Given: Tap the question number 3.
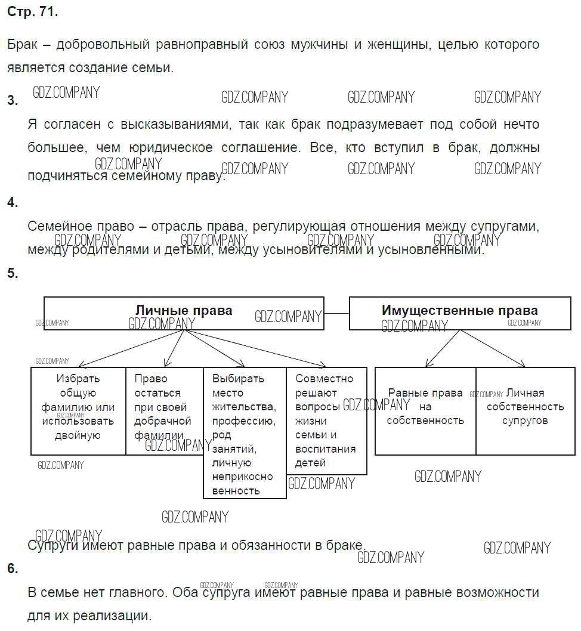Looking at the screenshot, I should coord(12,100).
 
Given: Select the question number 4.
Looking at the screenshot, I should coord(12,202).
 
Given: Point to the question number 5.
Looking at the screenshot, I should coord(12,273).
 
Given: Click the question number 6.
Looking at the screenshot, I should coord(12,568).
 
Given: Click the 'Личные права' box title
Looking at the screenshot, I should coord(184,311).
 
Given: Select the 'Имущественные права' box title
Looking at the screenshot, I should coord(459,311).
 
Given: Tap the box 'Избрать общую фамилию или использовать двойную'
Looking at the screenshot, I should coord(78,407).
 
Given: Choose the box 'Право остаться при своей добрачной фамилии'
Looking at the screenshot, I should coord(164,407).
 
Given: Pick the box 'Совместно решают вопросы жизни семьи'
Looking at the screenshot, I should coord(326,420).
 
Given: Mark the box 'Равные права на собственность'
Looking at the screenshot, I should coord(425,407).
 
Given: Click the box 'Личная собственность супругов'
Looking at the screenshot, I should coord(525,407).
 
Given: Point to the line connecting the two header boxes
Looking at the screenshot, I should coord(336,313).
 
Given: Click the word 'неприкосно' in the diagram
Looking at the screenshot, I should coord(242,477).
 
